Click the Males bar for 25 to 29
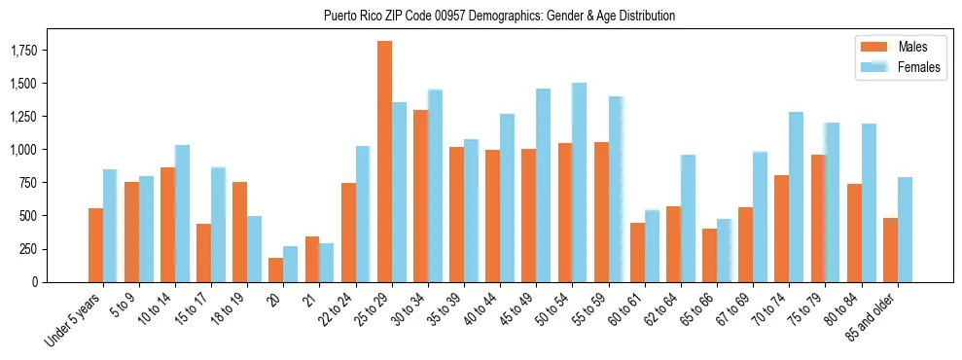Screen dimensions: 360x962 [x=384, y=162]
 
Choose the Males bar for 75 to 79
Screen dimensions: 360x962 [x=818, y=218]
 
